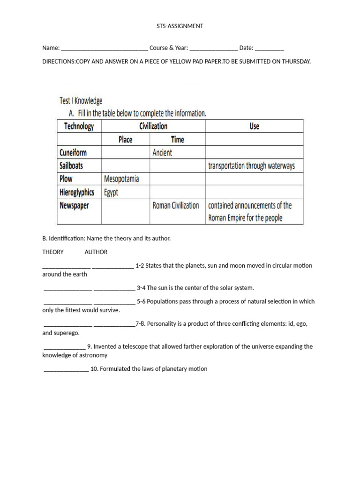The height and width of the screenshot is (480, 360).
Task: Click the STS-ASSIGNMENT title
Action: [x=180, y=26]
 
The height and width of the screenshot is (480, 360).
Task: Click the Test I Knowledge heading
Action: [x=81, y=101]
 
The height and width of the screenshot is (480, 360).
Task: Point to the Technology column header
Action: [x=79, y=126]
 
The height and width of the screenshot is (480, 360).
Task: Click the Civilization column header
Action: [x=153, y=126]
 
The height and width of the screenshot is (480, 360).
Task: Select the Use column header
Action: [x=254, y=126]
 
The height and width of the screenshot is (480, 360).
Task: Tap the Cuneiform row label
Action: [x=73, y=153]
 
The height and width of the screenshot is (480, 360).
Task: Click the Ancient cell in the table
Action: [x=162, y=153]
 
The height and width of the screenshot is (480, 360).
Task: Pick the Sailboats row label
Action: [x=71, y=166]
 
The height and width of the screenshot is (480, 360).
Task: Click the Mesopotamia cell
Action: [x=121, y=179]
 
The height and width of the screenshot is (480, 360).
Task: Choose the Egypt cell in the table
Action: [x=111, y=192]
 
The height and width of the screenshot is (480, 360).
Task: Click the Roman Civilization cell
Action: [x=176, y=205]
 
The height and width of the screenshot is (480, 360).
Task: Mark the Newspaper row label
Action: [x=74, y=205]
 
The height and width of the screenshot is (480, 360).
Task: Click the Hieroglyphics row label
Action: [x=77, y=192]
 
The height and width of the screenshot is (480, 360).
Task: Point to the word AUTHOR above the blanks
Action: [x=96, y=252]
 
